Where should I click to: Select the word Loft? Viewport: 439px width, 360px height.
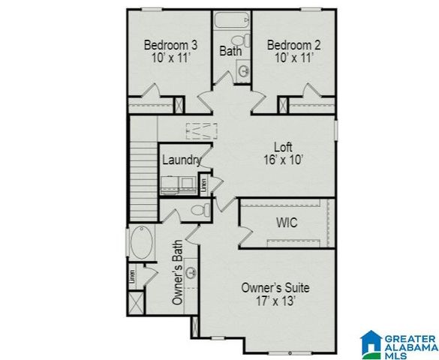point(282,147)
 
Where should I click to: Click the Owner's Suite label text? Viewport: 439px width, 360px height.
point(275,287)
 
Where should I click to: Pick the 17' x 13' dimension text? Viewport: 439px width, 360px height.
point(276,301)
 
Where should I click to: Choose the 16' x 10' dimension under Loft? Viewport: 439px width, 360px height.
point(282,160)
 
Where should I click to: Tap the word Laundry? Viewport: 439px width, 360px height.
point(181,160)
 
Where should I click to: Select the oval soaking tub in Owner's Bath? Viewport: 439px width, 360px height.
point(142,244)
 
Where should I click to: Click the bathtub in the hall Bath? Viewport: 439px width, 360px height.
point(233,19)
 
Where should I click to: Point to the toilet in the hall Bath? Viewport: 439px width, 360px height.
point(237,40)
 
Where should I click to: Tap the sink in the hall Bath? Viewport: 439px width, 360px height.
point(244,71)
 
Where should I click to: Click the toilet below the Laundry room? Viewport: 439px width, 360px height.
point(197,210)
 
